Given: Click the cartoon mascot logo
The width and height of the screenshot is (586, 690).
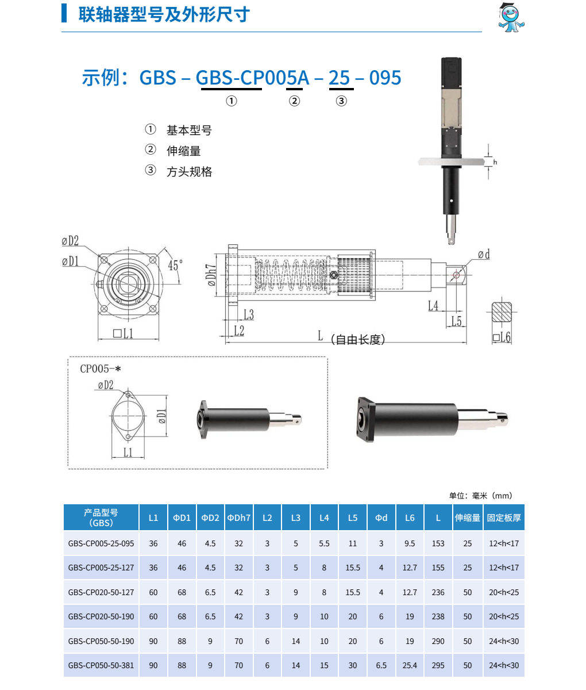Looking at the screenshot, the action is [511, 17].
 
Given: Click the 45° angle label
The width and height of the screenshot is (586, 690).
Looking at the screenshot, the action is [175, 266].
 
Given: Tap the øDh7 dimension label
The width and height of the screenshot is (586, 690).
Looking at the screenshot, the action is [211, 275].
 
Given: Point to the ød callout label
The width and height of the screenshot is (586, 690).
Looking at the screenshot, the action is [484, 255].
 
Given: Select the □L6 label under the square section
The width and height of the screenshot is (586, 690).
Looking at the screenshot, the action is [502, 337].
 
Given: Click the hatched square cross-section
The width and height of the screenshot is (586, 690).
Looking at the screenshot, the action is [502, 312].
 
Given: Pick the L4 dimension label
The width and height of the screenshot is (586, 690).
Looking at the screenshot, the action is [433, 305].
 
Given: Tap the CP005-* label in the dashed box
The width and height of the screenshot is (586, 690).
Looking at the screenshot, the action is [100, 369].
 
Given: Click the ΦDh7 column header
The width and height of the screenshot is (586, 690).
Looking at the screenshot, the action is [238, 517].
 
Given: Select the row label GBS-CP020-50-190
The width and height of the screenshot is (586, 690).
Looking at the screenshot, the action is [101, 616].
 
